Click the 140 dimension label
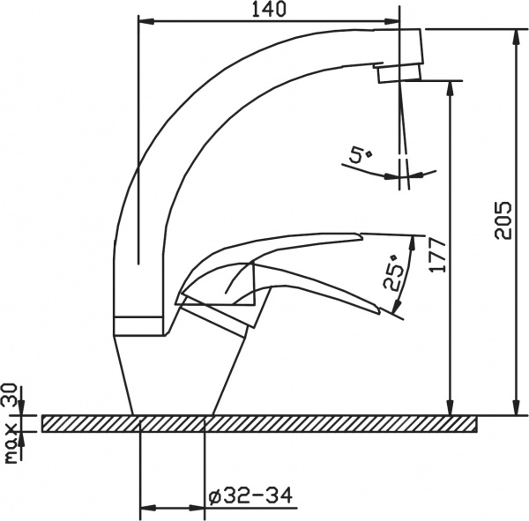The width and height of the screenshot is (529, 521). pos(269,10)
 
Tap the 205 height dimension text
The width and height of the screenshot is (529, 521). pos(503,220)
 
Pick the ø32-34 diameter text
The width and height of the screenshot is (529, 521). pos(250,496)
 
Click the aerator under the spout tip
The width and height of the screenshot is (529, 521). pos(399,74)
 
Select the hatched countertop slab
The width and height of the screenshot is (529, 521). pos(259,424)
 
